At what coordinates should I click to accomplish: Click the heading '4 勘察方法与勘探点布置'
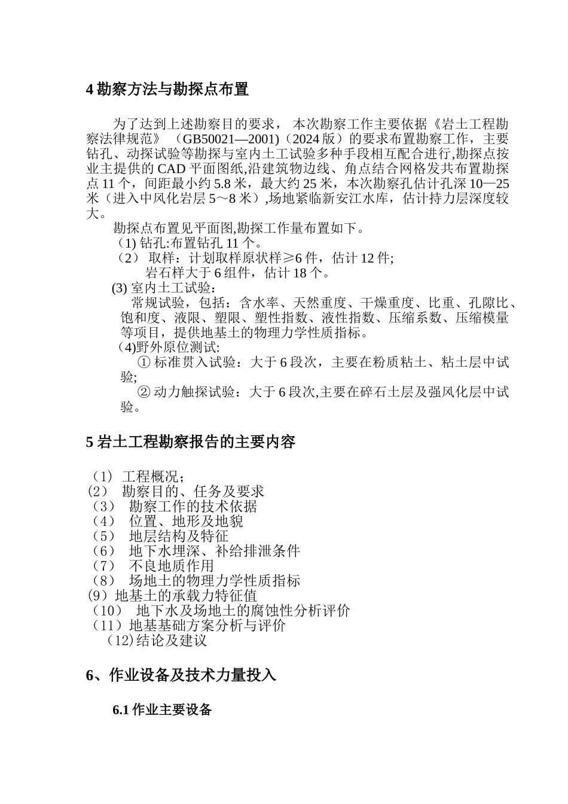[x=167, y=90]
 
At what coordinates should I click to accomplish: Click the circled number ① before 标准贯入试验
[x=143, y=362]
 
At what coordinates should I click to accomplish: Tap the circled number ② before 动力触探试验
[x=143, y=392]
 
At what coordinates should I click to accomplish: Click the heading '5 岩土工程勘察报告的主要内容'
[x=191, y=442]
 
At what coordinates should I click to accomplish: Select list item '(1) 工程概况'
[x=138, y=477]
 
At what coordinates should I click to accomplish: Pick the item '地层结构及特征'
[x=178, y=536]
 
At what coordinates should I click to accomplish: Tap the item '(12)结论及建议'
[x=157, y=641]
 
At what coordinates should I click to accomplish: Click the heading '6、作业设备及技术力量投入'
[x=181, y=675]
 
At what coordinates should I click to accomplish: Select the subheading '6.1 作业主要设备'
[x=162, y=710]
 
